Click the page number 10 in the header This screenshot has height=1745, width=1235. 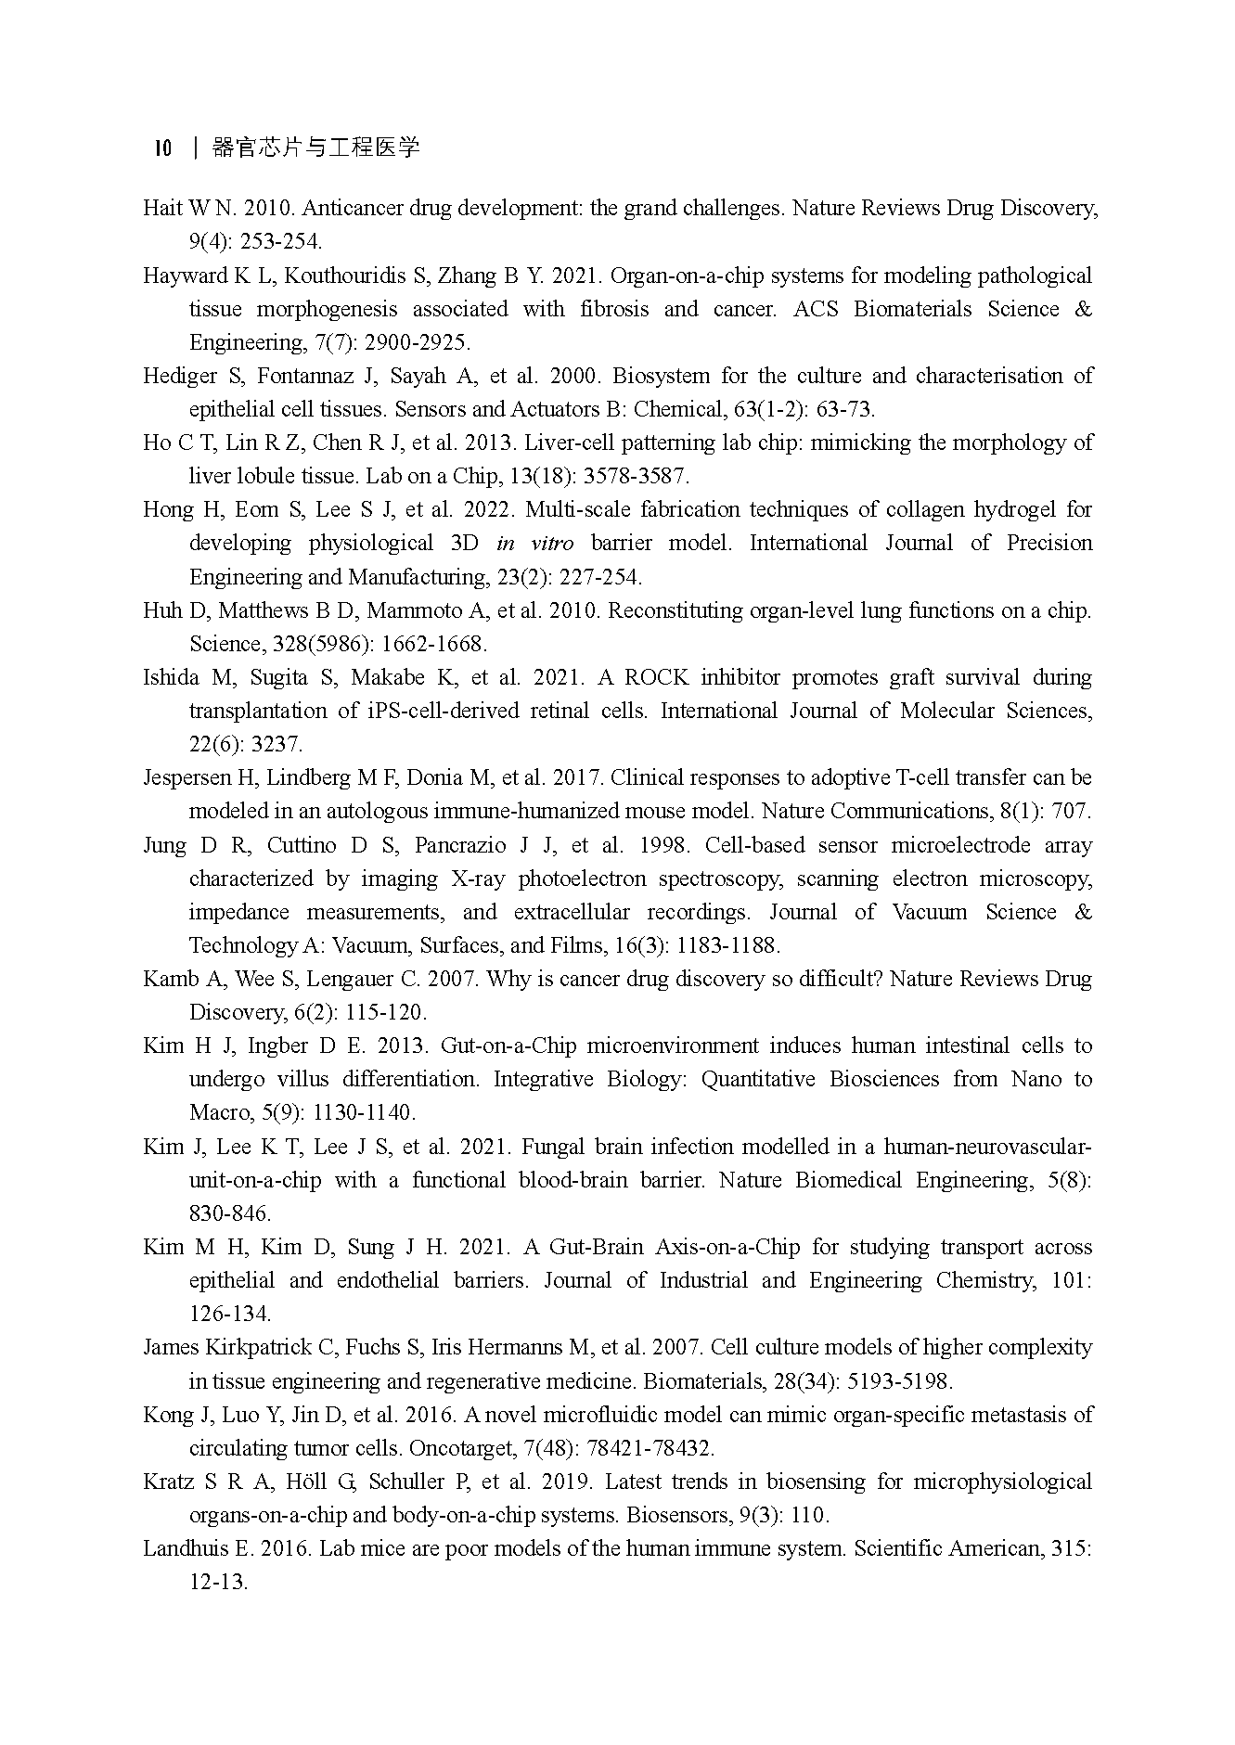(162, 148)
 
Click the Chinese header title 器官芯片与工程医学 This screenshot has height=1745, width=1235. (315, 148)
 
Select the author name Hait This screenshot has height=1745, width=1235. (162, 208)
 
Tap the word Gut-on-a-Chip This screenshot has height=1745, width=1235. (508, 1046)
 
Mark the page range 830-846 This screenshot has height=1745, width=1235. (230, 1213)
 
